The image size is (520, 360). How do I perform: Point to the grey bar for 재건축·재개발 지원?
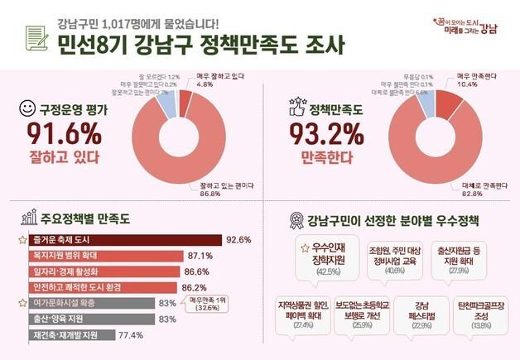click(x=74, y=335)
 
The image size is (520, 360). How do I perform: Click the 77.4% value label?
click(x=132, y=335)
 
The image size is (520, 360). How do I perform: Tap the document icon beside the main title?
click(x=36, y=37)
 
